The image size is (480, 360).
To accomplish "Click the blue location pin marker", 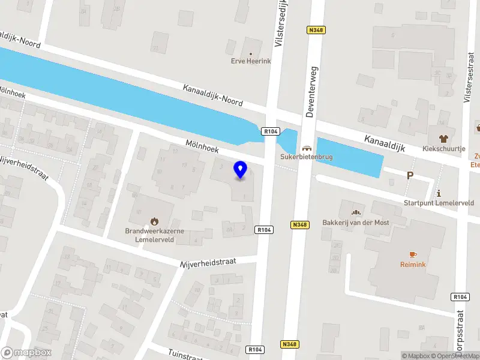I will [241, 170].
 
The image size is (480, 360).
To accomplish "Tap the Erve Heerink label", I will [251, 61].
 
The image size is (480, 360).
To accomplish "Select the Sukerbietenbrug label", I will [307, 157].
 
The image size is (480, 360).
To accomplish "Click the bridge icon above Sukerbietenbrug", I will [307, 148].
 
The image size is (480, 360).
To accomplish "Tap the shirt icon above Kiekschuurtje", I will [443, 137].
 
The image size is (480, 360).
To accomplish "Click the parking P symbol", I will [410, 176].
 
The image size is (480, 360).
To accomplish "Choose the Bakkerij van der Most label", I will [356, 223].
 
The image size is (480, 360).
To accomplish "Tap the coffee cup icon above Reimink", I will [413, 254].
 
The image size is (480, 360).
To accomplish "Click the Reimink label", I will [413, 264].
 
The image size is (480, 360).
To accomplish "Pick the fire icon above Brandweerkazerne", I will [155, 220].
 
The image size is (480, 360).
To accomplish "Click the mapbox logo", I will [26, 353].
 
